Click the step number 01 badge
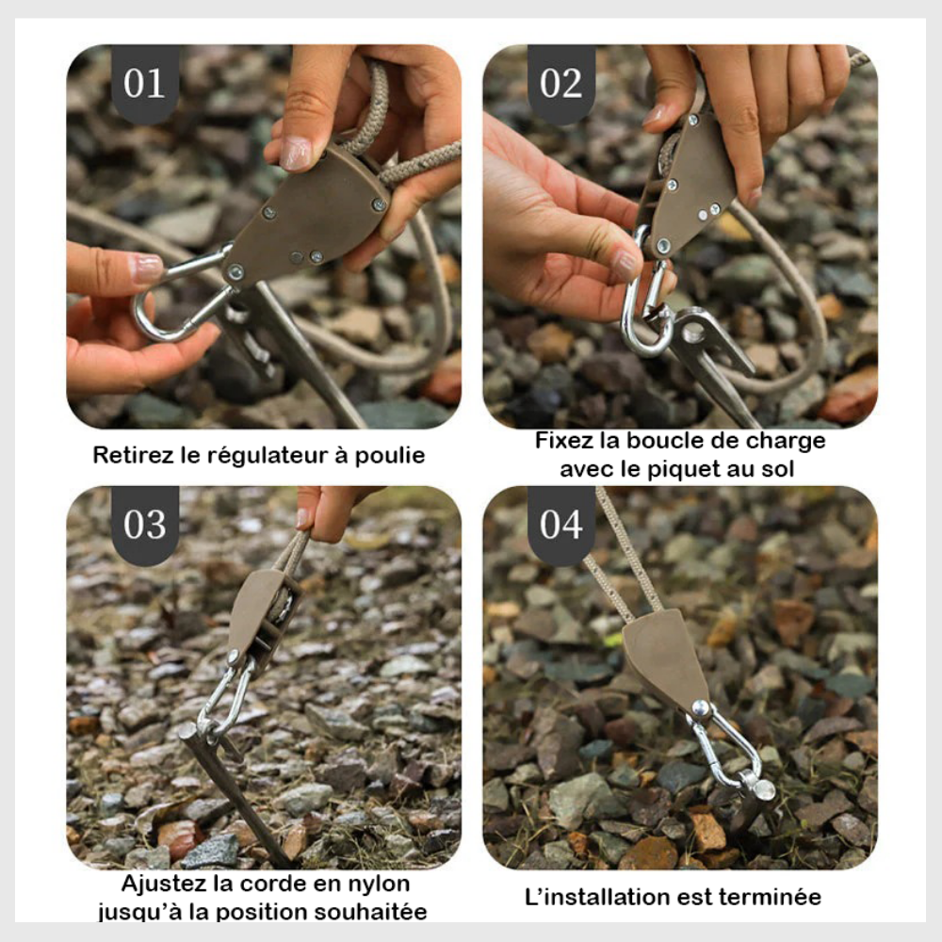coord(145,83)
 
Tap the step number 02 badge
coord(561,83)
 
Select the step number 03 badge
coord(145,525)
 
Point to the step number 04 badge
coord(561,525)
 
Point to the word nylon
coord(379,885)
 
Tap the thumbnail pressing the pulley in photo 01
coord(296,153)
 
